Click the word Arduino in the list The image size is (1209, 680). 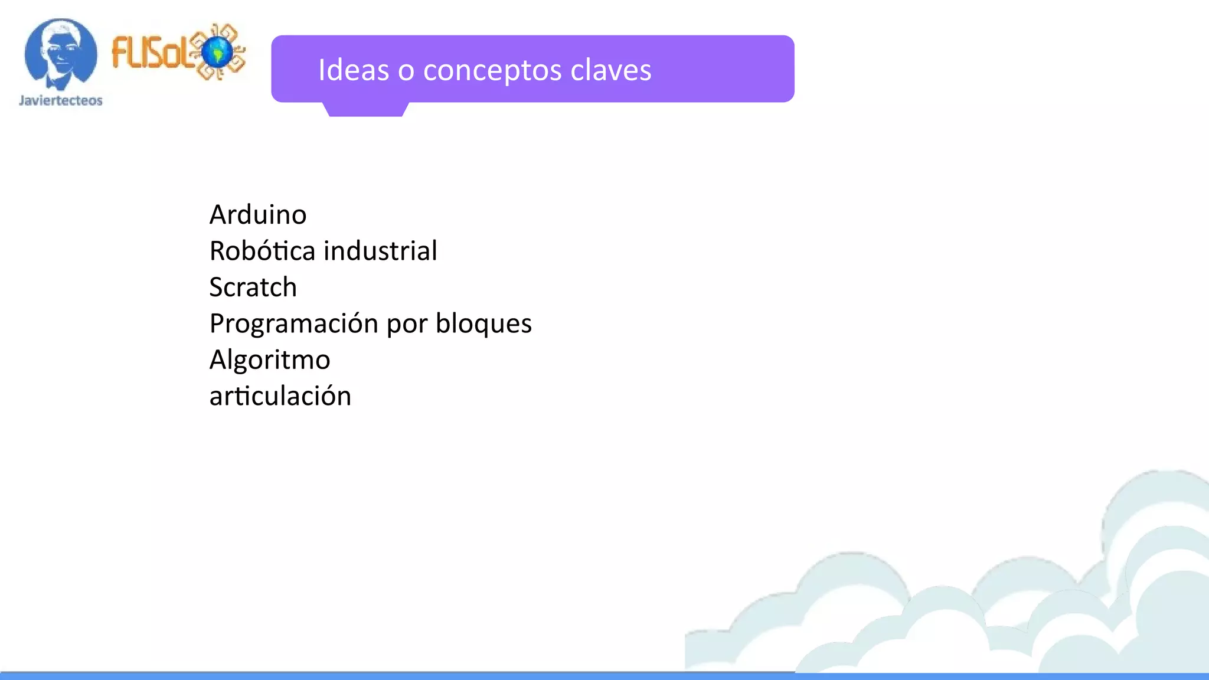(258, 214)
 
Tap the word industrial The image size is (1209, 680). (381, 251)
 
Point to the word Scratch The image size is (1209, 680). (253, 287)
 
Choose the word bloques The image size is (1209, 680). (483, 323)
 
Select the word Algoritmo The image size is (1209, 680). (270, 360)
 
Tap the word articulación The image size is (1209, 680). (280, 396)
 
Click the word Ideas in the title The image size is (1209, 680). (354, 70)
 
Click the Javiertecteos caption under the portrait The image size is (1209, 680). (61, 100)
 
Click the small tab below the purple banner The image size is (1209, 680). (365, 109)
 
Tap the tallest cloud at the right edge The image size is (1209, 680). (1157, 531)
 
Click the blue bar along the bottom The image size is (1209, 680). (604, 676)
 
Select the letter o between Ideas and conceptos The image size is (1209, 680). (406, 71)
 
